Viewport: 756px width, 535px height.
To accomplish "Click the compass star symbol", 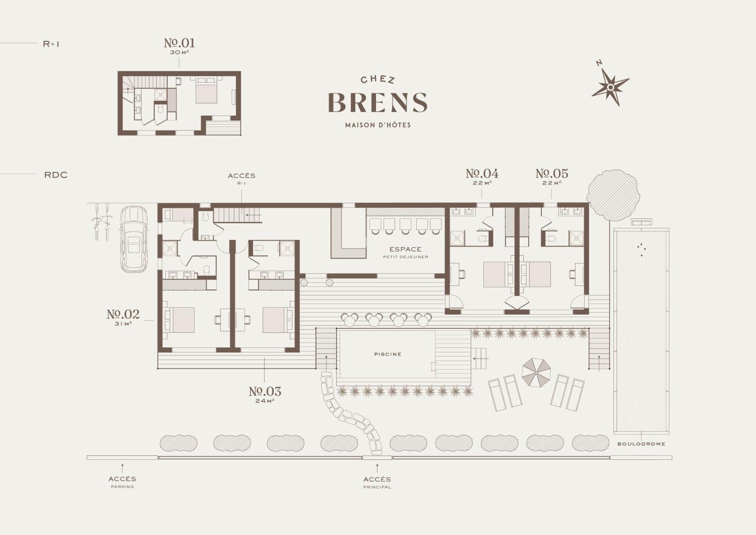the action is click(610, 87).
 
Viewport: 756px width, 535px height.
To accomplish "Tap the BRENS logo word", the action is click(378, 102).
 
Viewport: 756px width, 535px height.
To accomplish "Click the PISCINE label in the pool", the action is click(388, 354).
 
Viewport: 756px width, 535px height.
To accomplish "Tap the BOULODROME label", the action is click(641, 444).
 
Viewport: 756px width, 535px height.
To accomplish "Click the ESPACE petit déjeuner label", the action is click(406, 252).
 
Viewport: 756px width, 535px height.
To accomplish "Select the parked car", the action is click(134, 239).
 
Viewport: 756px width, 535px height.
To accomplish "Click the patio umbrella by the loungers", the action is click(536, 372).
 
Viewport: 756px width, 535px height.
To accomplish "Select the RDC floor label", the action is click(56, 175).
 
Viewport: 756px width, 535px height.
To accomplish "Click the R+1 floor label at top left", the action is click(51, 44).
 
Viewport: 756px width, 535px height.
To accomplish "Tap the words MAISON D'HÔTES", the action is click(378, 125).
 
